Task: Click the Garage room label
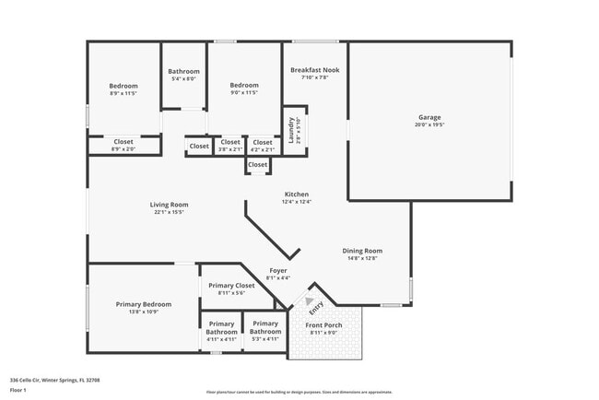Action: (x=429, y=117)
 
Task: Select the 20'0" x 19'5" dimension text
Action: (x=429, y=124)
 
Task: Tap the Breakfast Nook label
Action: (x=314, y=70)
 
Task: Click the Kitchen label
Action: (x=296, y=194)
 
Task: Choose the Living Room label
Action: (x=170, y=205)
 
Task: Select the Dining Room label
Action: (x=362, y=251)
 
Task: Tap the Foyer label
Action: (x=278, y=271)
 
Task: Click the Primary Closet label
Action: (x=230, y=286)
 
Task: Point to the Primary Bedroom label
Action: (x=143, y=304)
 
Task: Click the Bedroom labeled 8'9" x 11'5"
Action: (x=123, y=86)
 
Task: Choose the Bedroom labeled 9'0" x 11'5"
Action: (x=243, y=86)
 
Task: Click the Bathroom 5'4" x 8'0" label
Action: (x=183, y=71)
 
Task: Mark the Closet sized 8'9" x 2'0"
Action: (x=123, y=142)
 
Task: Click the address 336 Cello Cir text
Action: (x=54, y=380)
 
